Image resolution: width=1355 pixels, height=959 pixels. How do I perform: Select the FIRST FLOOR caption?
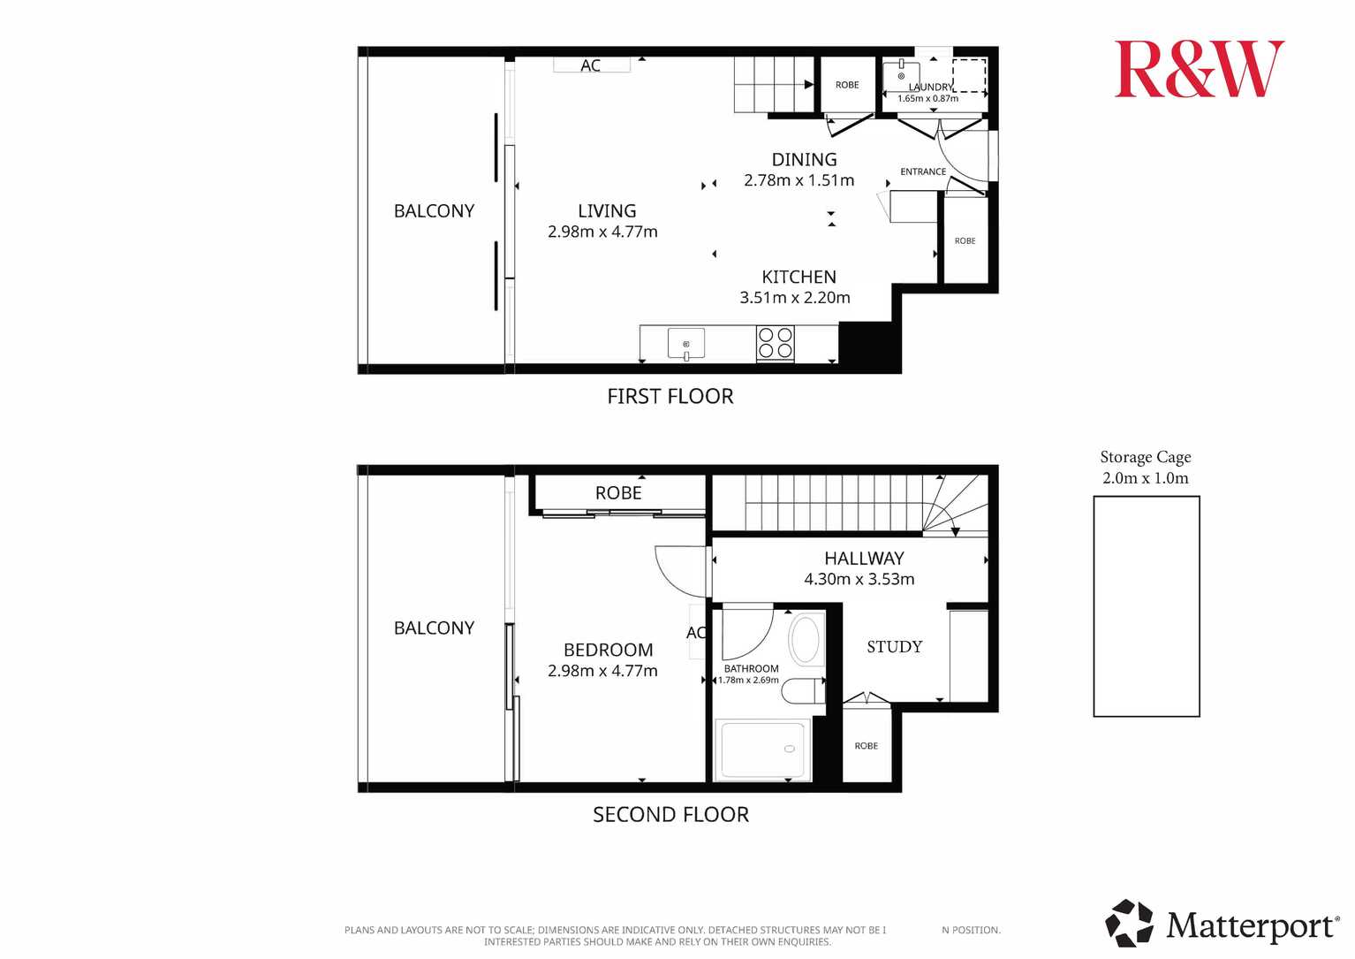pyautogui.click(x=670, y=397)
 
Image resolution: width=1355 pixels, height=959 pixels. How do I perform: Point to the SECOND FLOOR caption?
pyautogui.click(x=670, y=815)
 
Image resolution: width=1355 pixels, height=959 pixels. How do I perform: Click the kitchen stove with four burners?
pyautogui.click(x=776, y=343)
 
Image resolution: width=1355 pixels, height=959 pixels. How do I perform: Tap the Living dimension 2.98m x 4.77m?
pyautogui.click(x=602, y=232)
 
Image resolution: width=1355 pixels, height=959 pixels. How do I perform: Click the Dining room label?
pyautogui.click(x=804, y=160)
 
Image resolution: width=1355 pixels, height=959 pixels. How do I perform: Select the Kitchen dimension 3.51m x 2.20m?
pyautogui.click(x=795, y=298)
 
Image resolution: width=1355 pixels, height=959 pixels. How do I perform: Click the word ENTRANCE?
pyautogui.click(x=923, y=172)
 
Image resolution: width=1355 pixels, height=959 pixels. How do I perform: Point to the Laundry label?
pyautogui.click(x=930, y=88)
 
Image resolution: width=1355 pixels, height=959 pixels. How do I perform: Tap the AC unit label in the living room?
pyautogui.click(x=590, y=65)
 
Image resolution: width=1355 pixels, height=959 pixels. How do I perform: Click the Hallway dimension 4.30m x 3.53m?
pyautogui.click(x=859, y=580)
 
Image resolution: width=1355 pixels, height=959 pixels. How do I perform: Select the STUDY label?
pyautogui.click(x=895, y=647)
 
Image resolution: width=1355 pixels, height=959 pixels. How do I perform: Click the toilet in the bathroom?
pyautogui.click(x=803, y=691)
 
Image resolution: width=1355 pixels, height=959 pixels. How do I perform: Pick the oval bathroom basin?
pyautogui.click(x=806, y=639)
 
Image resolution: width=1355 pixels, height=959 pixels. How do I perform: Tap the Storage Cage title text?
pyautogui.click(x=1145, y=457)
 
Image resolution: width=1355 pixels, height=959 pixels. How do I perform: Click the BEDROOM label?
pyautogui.click(x=609, y=651)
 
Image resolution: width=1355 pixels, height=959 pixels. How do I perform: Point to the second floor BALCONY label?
pyautogui.click(x=434, y=628)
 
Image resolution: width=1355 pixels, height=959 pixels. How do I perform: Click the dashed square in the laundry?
pyautogui.click(x=969, y=76)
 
